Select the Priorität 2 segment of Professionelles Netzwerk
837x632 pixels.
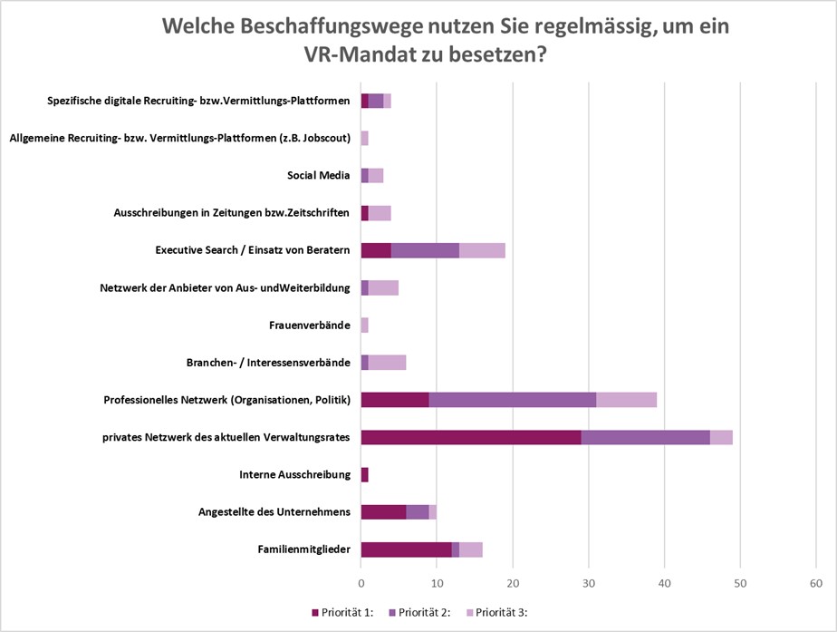(x=512, y=399)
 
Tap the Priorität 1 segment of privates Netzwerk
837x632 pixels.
(x=471, y=437)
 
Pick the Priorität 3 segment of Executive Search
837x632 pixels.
(x=482, y=250)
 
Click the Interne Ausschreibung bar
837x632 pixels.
(x=365, y=474)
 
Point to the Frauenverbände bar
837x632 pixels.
(x=365, y=325)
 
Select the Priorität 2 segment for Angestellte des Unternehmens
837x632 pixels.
(x=418, y=511)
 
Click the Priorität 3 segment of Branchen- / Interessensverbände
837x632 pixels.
(x=387, y=362)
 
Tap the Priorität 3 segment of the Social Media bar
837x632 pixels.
(x=376, y=175)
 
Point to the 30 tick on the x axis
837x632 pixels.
(x=589, y=581)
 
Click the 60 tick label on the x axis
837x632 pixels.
(x=816, y=581)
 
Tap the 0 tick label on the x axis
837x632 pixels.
(x=361, y=581)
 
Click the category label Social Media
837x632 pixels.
(x=318, y=176)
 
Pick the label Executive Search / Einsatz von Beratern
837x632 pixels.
(x=253, y=250)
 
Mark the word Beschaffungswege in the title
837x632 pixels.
(x=319, y=25)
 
